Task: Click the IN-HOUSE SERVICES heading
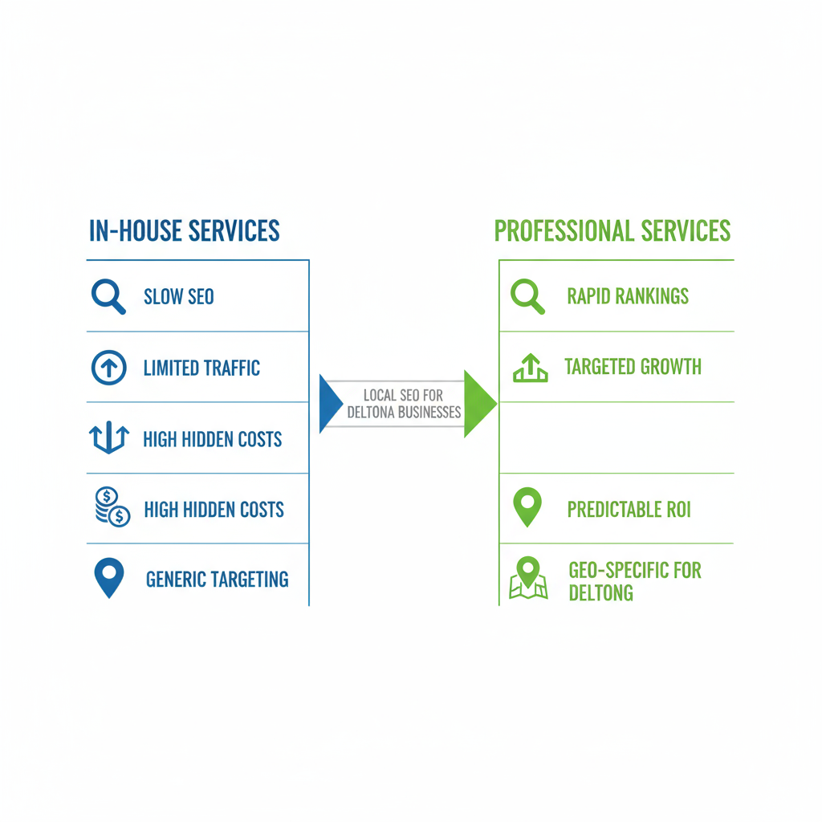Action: point(184,231)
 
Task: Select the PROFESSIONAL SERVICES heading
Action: point(612,231)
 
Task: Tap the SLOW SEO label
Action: point(178,297)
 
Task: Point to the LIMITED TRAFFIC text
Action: point(201,368)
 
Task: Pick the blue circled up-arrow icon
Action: point(108,368)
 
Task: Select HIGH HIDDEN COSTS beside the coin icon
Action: point(214,510)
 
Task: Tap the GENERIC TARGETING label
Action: point(217,580)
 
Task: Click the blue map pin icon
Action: point(108,576)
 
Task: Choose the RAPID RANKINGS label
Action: point(628,296)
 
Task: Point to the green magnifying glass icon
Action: point(527,296)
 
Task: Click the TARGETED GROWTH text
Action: point(633,368)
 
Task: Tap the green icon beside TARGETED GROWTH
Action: point(530,368)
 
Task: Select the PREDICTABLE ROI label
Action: point(629,510)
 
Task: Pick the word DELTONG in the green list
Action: point(600,593)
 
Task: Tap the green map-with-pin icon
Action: point(528,579)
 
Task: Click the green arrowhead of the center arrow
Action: point(479,404)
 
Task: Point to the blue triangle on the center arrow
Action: point(329,404)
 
